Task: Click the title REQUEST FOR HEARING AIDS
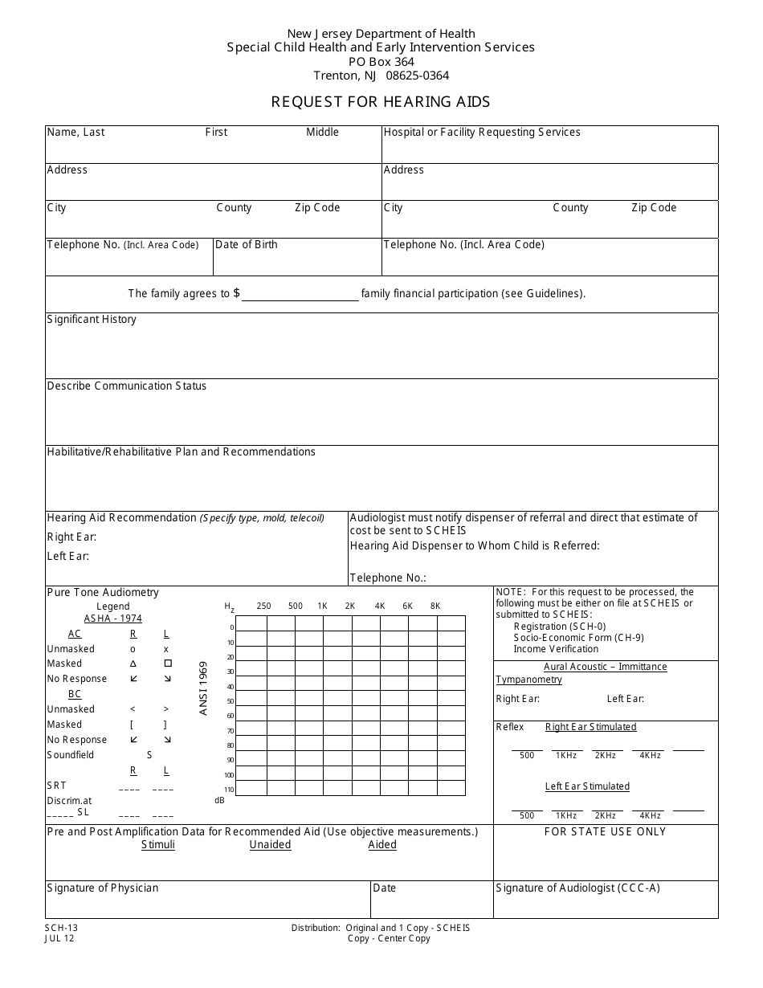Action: click(380, 102)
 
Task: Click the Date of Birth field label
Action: click(247, 245)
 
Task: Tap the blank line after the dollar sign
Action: click(300, 294)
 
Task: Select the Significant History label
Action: click(92, 320)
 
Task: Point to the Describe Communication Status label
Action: click(126, 386)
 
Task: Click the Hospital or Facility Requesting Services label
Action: click(482, 133)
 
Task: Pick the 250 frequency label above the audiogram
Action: click(263, 606)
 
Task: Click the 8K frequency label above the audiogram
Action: click(435, 606)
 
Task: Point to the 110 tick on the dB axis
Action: click(229, 790)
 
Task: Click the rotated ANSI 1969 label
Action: click(203, 688)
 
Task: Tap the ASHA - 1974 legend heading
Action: click(112, 619)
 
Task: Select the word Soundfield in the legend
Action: click(71, 755)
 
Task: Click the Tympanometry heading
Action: click(528, 680)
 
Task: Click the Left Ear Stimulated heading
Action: click(587, 786)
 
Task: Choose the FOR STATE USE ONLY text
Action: click(605, 832)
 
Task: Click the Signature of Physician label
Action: click(103, 888)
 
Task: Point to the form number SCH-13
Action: click(62, 928)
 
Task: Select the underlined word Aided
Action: click(382, 845)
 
